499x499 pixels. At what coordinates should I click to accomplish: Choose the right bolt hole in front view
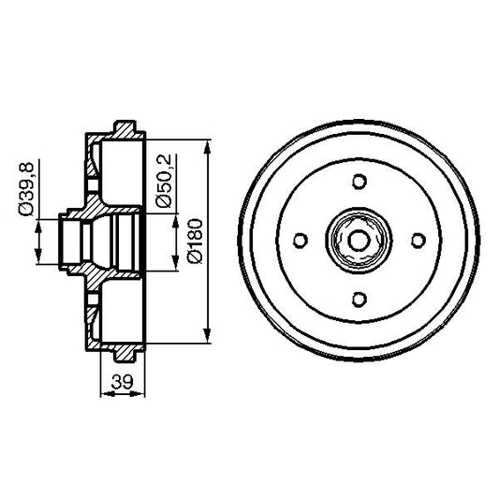click(418, 241)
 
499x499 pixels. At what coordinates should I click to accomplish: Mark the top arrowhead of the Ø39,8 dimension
click(37, 221)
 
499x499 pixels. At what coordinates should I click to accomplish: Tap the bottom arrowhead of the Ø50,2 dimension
click(176, 266)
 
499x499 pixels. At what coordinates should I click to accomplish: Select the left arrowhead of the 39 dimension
click(103, 393)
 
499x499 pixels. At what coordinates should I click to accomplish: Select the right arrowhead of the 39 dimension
click(142, 393)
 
